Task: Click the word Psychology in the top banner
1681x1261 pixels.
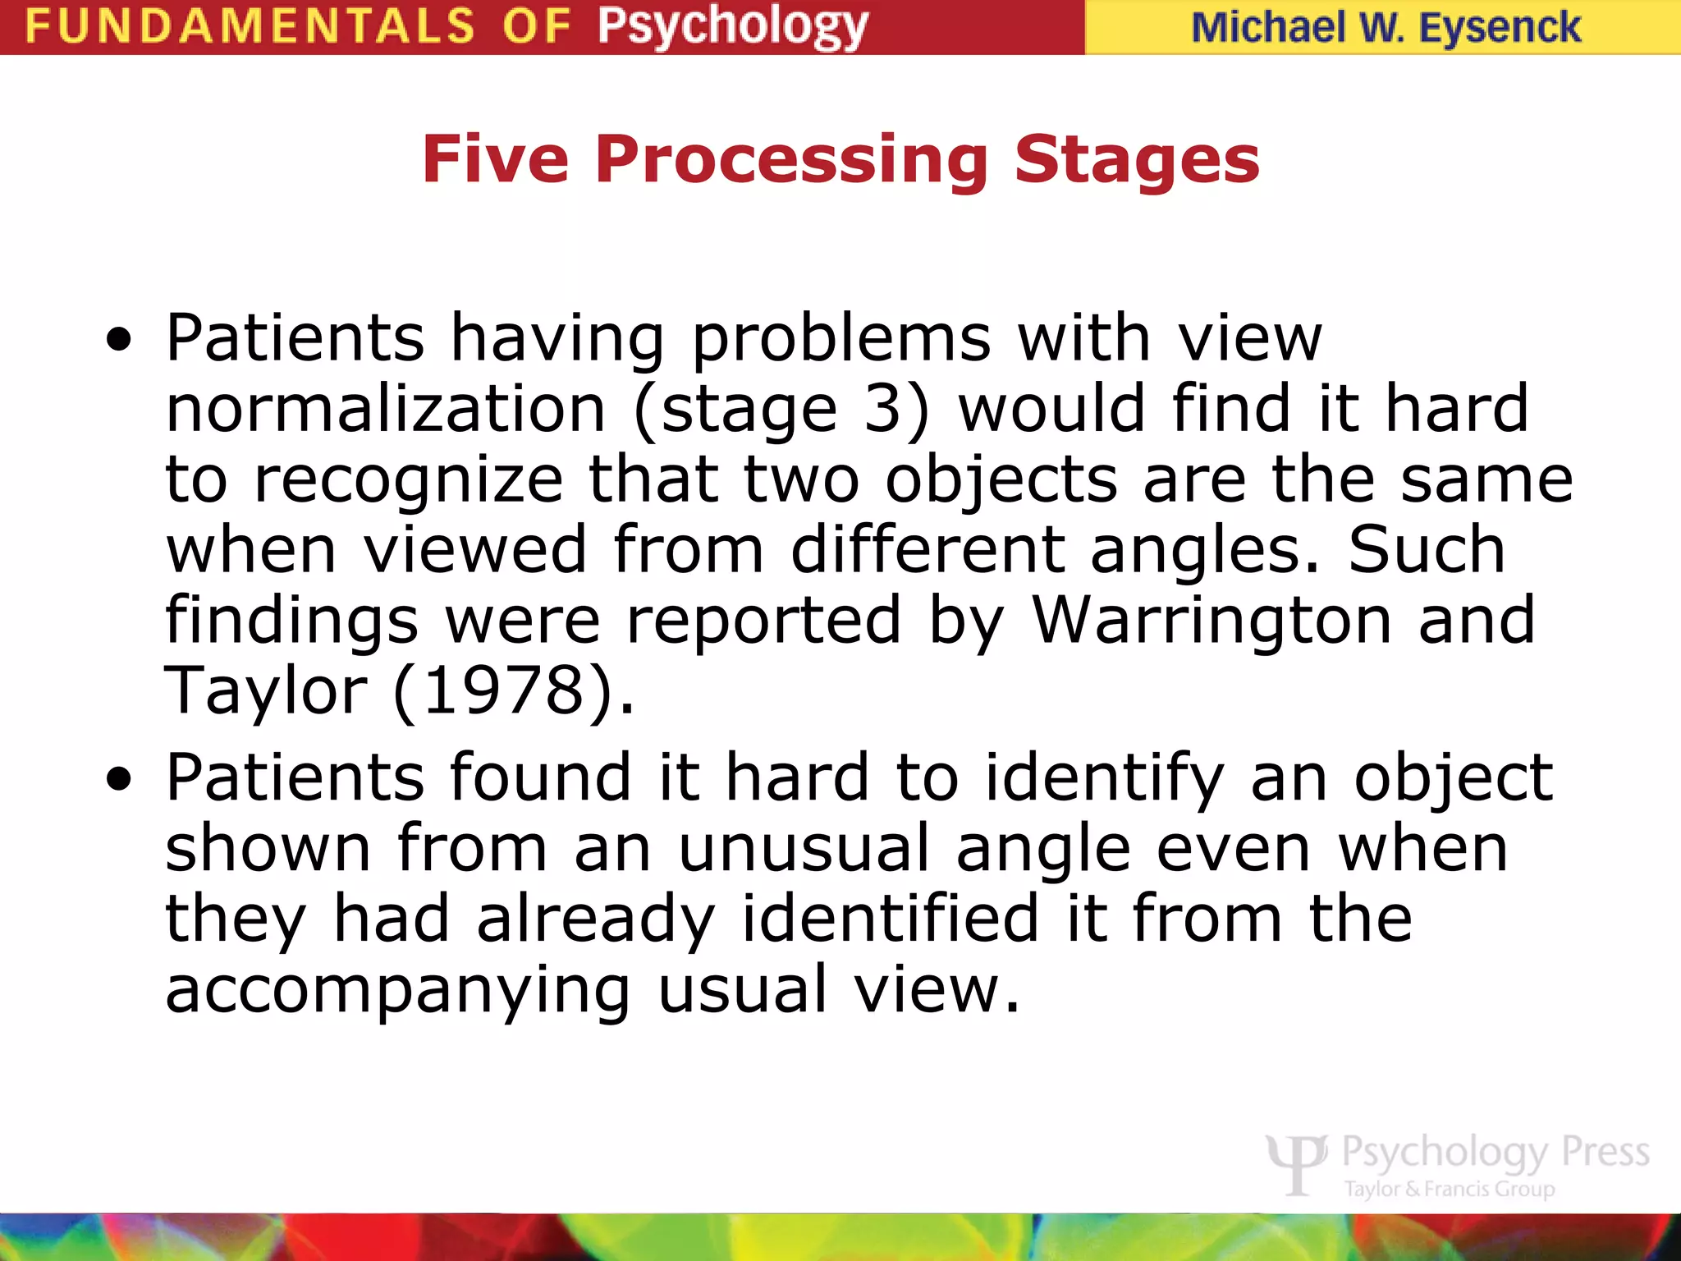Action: tap(732, 26)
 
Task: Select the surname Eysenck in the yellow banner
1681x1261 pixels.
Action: tap(1499, 28)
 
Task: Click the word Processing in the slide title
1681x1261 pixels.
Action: tap(791, 159)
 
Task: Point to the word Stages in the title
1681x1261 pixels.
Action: tap(1136, 159)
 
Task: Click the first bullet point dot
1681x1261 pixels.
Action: tap(119, 340)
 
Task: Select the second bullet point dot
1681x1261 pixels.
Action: tap(119, 779)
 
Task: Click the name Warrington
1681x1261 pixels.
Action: tap(1212, 620)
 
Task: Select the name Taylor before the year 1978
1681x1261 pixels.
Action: tap(266, 690)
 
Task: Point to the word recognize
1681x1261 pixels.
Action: tap(408, 479)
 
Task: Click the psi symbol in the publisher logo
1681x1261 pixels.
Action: tap(1297, 1162)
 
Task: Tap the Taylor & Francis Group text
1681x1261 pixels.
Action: tap(1450, 1189)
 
